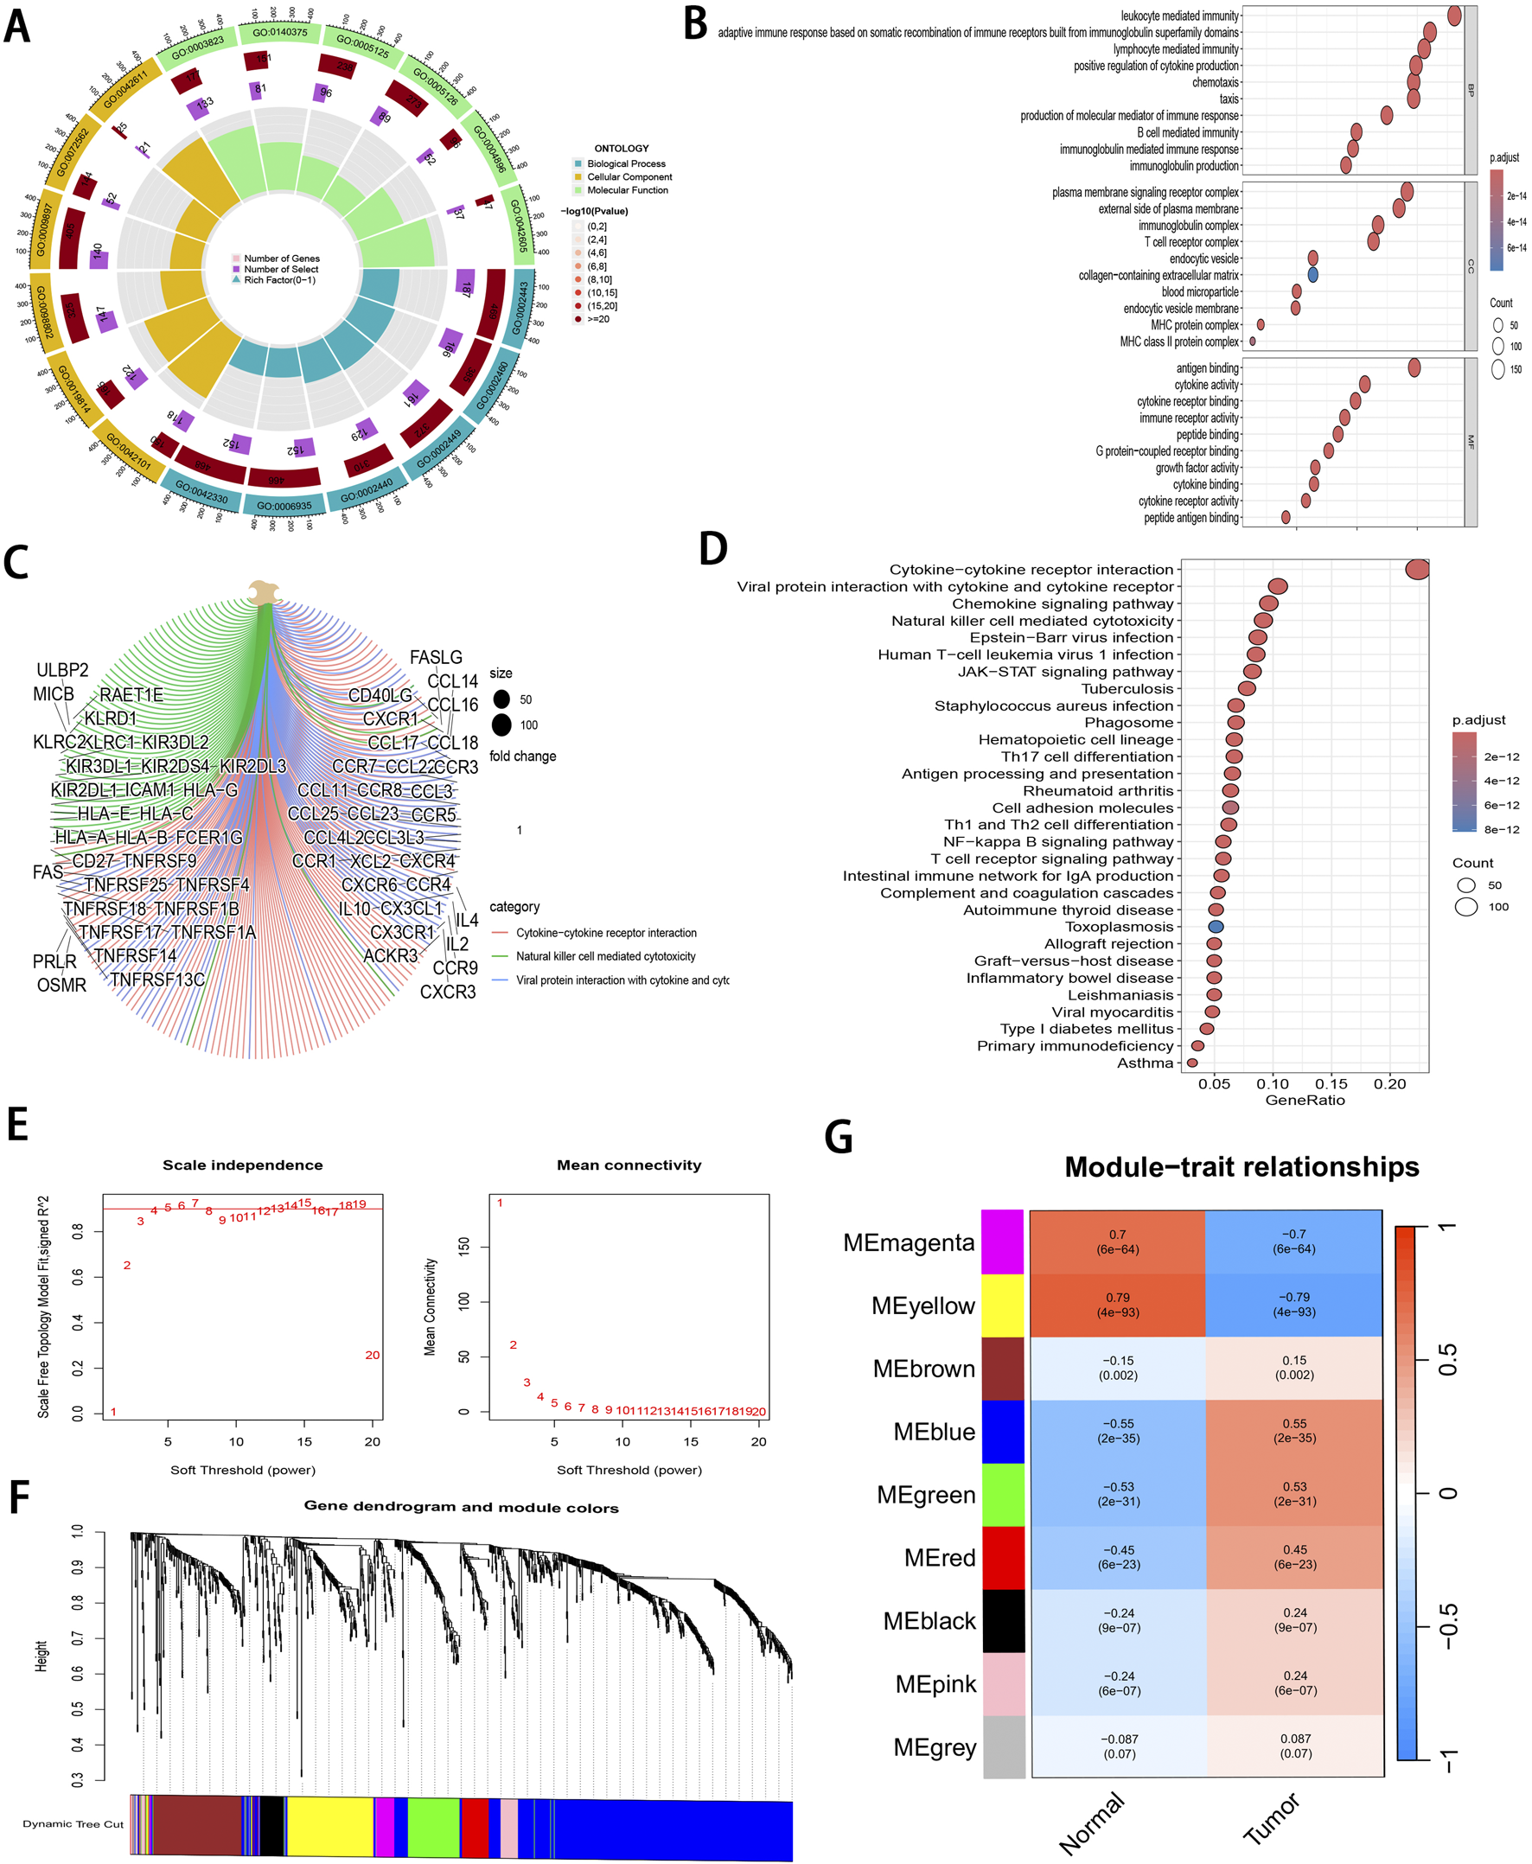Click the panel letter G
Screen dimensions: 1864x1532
click(x=838, y=1138)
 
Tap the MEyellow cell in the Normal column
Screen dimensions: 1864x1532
click(x=1117, y=1305)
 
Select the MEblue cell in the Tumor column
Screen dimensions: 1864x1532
click(x=1293, y=1431)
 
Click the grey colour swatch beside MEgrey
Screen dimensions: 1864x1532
click(x=1004, y=1746)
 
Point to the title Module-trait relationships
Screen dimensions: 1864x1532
click(x=1241, y=1167)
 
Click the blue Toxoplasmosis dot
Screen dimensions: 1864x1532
click(x=1216, y=927)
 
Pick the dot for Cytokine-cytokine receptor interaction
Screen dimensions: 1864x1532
click(x=1416, y=569)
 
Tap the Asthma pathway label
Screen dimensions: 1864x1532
click(x=1145, y=1063)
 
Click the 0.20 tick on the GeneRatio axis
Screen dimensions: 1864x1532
click(x=1390, y=1084)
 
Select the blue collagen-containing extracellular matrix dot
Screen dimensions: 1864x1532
click(x=1312, y=275)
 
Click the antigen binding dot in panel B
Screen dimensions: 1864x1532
click(x=1414, y=368)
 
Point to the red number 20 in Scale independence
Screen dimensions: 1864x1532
click(x=373, y=1355)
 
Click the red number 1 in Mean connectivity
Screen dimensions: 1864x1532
click(x=500, y=1203)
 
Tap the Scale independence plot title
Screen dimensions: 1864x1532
click(x=243, y=1165)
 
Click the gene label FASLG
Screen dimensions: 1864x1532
click(x=436, y=658)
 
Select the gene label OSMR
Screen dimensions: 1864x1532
click(x=61, y=985)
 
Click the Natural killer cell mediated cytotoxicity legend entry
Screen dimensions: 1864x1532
click(x=605, y=956)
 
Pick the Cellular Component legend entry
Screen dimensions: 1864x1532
click(x=629, y=177)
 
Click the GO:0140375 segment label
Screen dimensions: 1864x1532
click(x=280, y=33)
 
